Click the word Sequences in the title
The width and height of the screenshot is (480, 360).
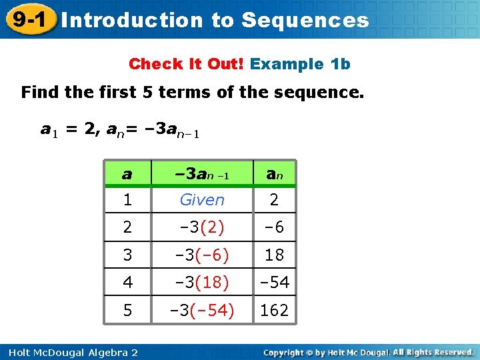pos(305,21)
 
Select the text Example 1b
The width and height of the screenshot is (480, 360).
pos(300,64)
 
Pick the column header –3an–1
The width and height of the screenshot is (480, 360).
pos(201,175)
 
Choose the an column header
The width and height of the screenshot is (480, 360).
pos(274,175)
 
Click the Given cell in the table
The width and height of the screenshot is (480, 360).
pos(202,200)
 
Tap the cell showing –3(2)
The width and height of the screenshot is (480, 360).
pos(202,227)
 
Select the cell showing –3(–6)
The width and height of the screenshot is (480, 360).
pos(202,255)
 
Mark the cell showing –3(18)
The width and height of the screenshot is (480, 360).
pos(202,283)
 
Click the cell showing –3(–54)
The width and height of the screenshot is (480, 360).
pos(202,310)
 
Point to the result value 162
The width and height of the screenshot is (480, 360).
pos(274,310)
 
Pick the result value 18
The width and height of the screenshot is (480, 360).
pos(274,255)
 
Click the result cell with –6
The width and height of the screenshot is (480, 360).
pos(274,227)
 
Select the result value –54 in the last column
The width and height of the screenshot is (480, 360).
pos(274,283)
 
